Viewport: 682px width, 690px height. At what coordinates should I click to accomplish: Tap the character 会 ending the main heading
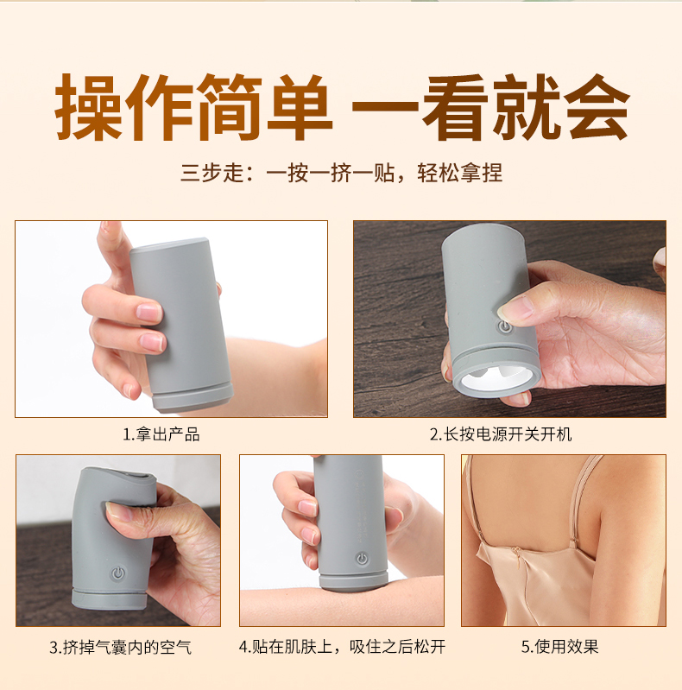pos(597,107)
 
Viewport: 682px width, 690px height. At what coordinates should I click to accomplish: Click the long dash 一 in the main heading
pos(385,108)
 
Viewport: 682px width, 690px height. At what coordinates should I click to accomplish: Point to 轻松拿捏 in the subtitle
pos(459,173)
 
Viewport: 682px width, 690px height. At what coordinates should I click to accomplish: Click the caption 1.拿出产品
pos(161,434)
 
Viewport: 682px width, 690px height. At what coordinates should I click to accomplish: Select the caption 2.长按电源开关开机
pos(501,434)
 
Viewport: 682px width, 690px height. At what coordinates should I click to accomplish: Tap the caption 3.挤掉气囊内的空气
pos(121,648)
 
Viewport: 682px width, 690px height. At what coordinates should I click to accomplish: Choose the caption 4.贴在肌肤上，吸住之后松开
pos(342,647)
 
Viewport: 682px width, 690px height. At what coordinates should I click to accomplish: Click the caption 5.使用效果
pos(559,647)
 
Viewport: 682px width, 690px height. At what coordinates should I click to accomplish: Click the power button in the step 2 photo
pos(504,327)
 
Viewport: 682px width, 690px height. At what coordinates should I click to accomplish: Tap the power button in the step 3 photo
pos(118,573)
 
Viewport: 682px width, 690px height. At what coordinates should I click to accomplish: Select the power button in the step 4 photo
pos(362,559)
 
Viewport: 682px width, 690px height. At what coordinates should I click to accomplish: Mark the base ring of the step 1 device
pos(193,397)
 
